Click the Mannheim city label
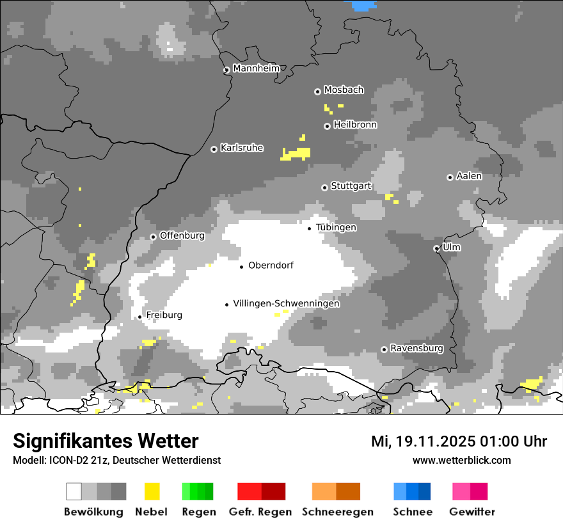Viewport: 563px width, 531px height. coord(257,68)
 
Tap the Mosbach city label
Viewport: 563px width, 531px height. coord(344,90)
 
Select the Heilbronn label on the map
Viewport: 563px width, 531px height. coord(355,125)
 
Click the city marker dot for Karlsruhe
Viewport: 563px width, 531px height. coord(214,149)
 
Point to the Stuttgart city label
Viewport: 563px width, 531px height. coord(351,186)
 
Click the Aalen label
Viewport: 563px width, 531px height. coord(469,176)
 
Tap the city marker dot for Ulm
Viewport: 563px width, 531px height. coord(437,248)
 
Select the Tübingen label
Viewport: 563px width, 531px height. coord(336,227)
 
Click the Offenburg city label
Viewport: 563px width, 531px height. coord(182,235)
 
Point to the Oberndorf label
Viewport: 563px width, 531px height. coord(271,265)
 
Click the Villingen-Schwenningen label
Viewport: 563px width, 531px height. coord(286,304)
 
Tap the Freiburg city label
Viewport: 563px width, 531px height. coord(164,315)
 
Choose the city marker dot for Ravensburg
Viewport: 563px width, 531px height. coord(384,349)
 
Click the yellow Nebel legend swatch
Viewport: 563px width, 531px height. coord(152,491)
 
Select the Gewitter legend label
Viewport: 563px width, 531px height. coord(472,512)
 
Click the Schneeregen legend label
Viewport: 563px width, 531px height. coord(337,512)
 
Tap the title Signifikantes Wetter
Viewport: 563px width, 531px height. coord(106,441)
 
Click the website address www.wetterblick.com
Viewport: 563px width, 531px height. coord(461,460)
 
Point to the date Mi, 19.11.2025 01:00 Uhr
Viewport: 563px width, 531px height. coord(459,441)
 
